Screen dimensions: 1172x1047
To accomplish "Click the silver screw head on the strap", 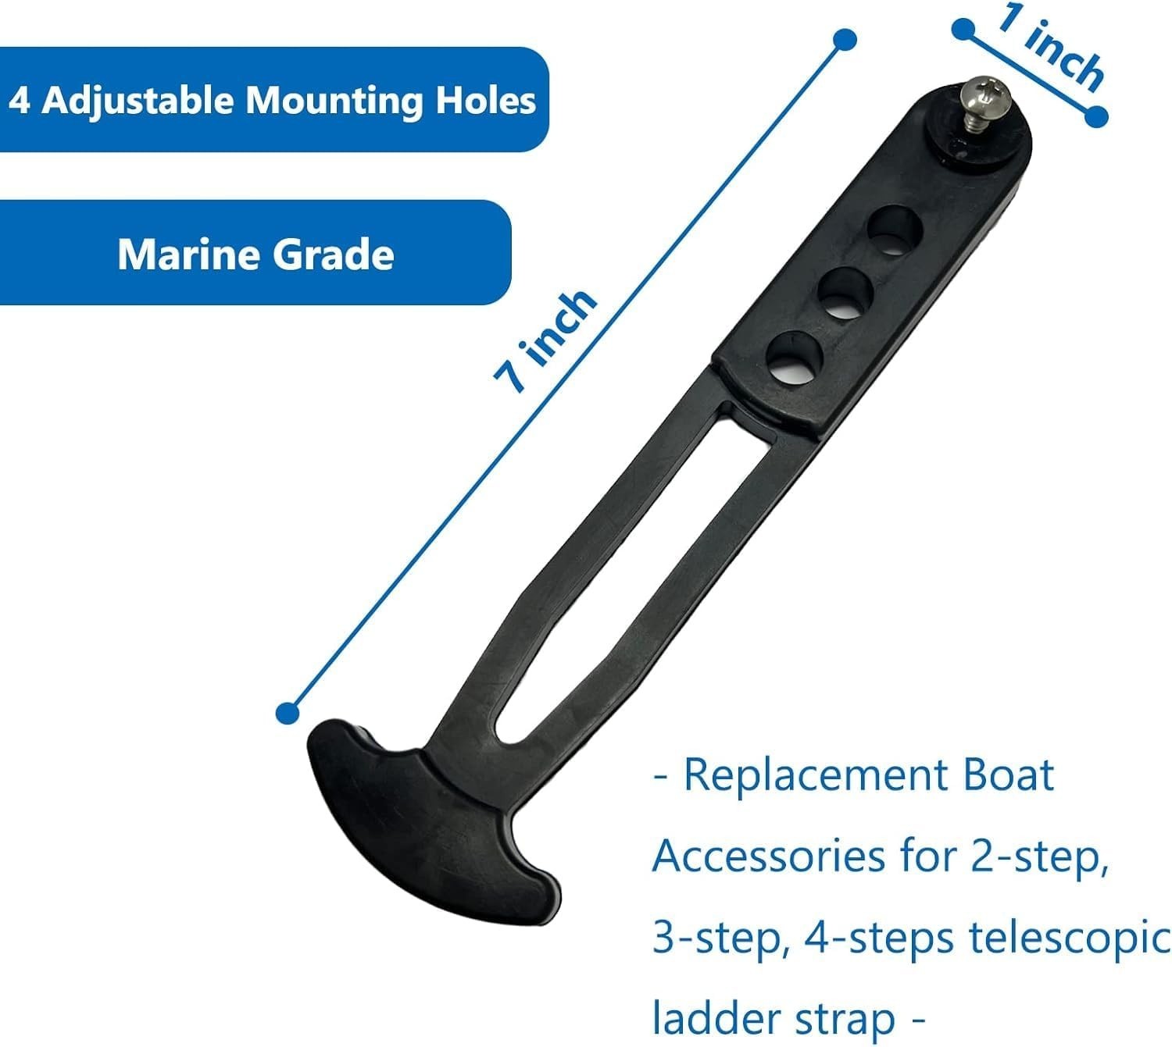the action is click(983, 95).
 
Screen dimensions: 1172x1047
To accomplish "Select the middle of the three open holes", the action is click(845, 292).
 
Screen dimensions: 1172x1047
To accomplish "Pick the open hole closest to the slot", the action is click(795, 358).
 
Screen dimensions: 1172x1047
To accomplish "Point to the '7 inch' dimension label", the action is click(545, 341).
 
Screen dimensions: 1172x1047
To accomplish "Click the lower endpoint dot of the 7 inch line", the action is click(288, 712).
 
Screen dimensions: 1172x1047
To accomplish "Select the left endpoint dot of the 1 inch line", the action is click(963, 29).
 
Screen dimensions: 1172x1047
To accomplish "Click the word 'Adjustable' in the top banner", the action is click(138, 101).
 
